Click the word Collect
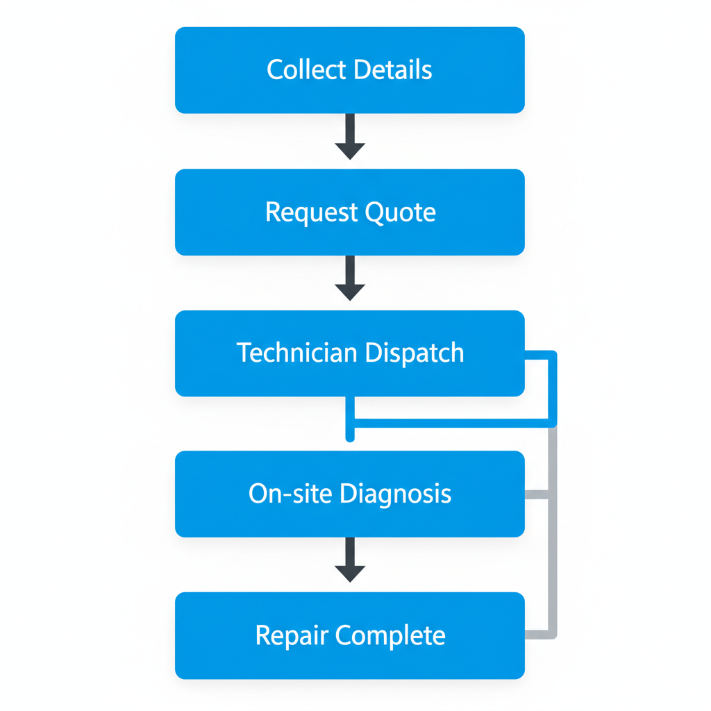[x=306, y=70]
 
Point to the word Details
[x=392, y=70]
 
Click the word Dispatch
[x=414, y=353]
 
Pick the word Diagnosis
[x=395, y=494]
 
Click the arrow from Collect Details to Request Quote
[x=350, y=136]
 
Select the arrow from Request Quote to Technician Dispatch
[x=350, y=278]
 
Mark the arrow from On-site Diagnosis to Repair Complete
[x=350, y=559]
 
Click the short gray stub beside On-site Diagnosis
[x=536, y=494]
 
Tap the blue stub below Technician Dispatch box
[x=350, y=419]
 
